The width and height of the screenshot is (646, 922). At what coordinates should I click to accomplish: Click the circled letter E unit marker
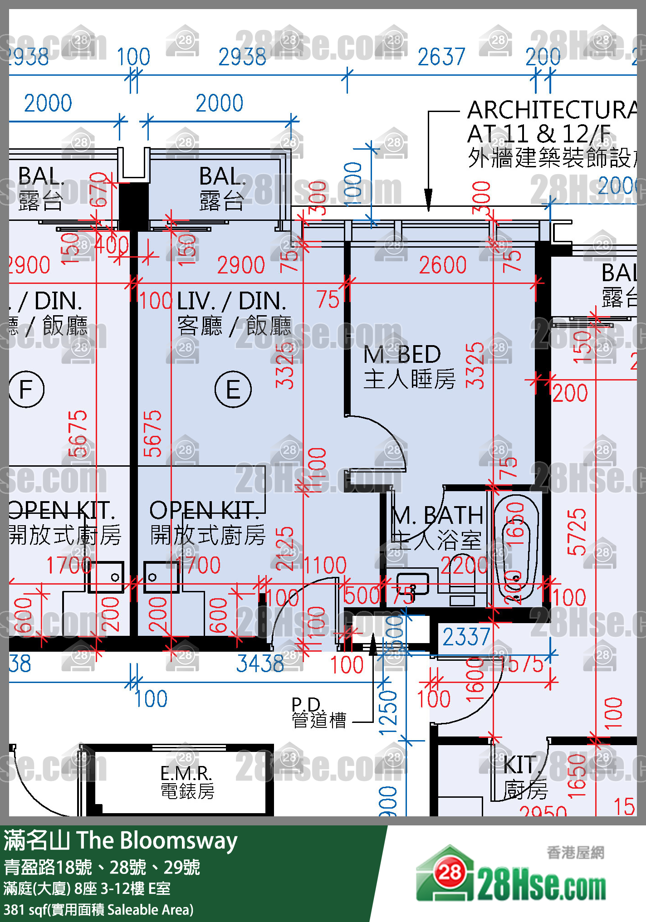pos(233,389)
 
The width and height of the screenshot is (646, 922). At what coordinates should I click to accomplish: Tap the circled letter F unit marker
pos(26,389)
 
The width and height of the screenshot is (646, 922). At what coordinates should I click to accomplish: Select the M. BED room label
pos(402,355)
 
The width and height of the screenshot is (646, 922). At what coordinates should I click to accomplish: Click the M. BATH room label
pos(437,516)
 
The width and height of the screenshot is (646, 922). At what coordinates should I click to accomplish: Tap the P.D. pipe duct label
pos(307,704)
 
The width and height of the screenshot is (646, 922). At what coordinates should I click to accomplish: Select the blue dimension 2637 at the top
pos(441,57)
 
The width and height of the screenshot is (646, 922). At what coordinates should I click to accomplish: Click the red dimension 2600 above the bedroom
pos(442,265)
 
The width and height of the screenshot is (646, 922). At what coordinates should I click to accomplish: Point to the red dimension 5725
pos(577,532)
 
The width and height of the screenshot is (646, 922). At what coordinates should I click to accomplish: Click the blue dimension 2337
pos(466,637)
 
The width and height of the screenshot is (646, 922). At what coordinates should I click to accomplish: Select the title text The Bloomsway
pos(157,841)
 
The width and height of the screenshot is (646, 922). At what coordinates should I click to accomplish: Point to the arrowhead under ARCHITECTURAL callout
pos(428,200)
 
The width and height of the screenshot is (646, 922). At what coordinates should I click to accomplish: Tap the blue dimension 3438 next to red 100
pos(260,664)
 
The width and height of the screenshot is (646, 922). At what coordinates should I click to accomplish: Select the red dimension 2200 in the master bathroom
pos(464,566)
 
